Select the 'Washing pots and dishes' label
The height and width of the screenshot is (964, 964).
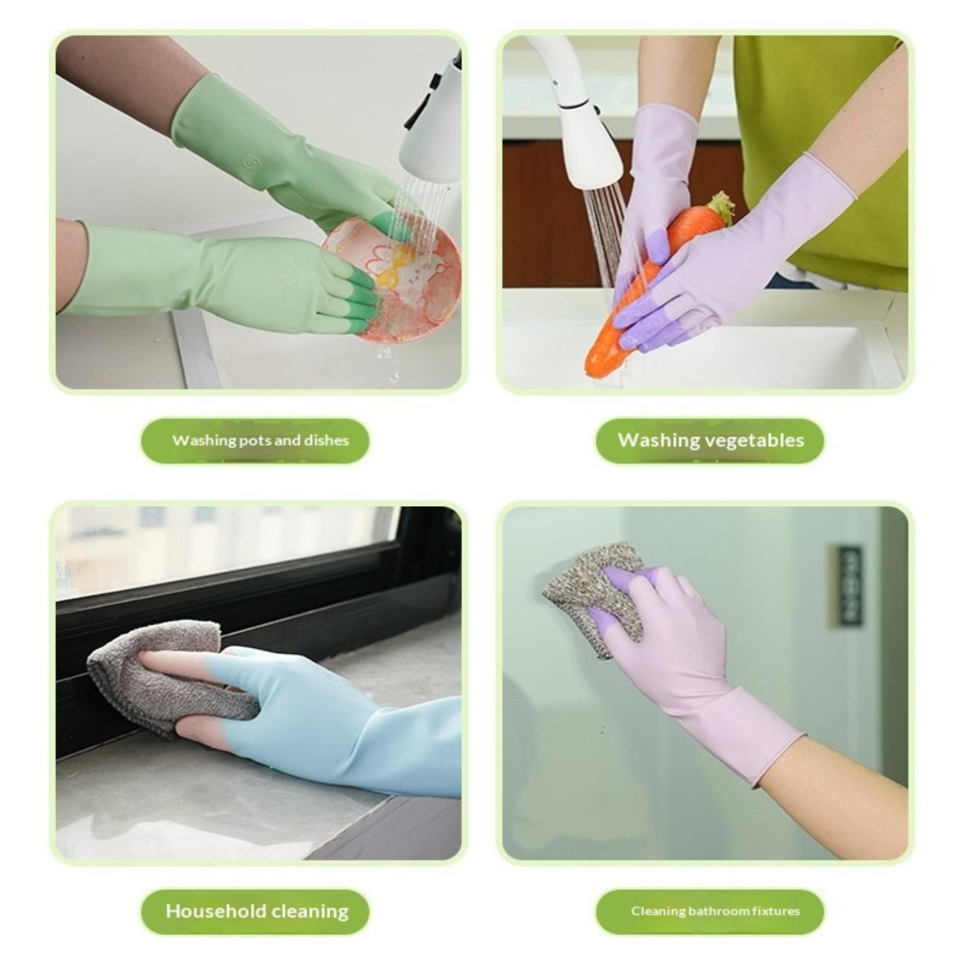260,440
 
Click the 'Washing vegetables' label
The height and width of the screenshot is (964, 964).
710,440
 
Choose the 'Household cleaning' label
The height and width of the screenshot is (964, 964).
257,911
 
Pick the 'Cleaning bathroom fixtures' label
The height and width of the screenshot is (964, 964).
715,911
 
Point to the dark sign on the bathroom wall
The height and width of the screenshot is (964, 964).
850,584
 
